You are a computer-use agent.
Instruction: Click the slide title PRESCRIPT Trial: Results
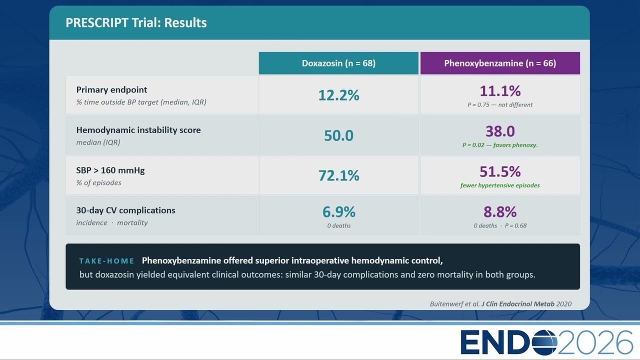tap(136, 23)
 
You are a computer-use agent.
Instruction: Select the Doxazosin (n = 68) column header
tap(338, 63)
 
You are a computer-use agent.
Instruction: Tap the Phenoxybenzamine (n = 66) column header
tap(500, 63)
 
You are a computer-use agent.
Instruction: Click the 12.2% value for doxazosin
tap(338, 95)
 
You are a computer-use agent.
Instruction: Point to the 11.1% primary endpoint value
tap(500, 91)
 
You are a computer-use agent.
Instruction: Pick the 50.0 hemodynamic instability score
tap(338, 135)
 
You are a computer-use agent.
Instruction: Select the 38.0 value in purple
tap(500, 131)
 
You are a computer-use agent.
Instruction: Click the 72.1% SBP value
tap(338, 175)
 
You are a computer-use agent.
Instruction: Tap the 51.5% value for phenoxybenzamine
tap(500, 171)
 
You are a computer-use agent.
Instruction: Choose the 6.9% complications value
tap(338, 212)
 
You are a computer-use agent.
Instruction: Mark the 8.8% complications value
tap(500, 212)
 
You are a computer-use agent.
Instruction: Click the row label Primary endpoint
tap(111, 90)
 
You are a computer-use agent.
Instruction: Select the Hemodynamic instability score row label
tap(138, 130)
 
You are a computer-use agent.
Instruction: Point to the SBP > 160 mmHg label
tap(110, 170)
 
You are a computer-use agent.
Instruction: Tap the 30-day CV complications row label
tap(125, 210)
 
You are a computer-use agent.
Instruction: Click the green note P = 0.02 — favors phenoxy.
tap(500, 145)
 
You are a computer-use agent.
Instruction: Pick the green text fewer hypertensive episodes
tap(500, 185)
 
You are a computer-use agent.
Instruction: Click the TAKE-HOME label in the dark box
tap(106, 261)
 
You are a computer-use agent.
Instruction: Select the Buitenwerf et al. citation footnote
tap(500, 304)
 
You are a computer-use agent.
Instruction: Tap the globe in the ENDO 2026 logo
tap(544, 342)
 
